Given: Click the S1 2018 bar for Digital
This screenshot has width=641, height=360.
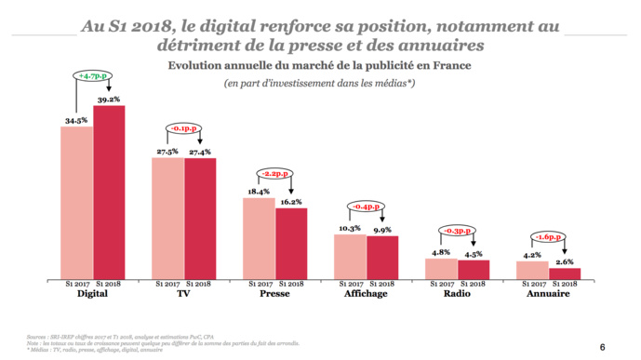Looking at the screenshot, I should tap(108, 192).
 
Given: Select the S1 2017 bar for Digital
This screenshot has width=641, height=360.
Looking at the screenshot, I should tap(76, 202).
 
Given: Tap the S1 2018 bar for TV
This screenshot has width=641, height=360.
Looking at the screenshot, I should tap(200, 218).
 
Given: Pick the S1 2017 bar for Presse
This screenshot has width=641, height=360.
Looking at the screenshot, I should tap(259, 237).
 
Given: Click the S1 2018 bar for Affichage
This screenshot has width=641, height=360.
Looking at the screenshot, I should tap(382, 257).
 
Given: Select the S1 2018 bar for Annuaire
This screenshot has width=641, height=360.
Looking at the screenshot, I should tap(565, 273).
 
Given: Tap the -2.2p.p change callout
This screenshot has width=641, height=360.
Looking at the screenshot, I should tap(274, 173).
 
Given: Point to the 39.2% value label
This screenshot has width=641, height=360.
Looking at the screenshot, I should tap(109, 99).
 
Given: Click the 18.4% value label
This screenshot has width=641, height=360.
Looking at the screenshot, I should tap(258, 192).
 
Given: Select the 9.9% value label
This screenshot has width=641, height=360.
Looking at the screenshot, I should tap(383, 229).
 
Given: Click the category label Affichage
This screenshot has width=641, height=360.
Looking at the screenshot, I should tap(366, 294).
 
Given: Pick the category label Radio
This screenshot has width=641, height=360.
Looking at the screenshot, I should tap(457, 294).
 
